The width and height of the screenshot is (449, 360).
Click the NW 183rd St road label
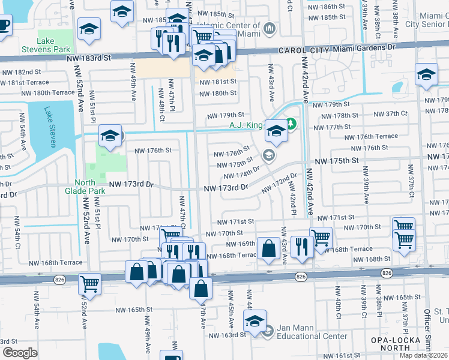tap(91, 58)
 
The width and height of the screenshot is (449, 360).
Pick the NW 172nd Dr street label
tap(280, 183)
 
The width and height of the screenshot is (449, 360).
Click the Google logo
tap(20, 352)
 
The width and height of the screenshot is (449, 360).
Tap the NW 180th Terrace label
tap(48, 93)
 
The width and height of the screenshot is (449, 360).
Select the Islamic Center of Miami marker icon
tap(269, 28)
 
